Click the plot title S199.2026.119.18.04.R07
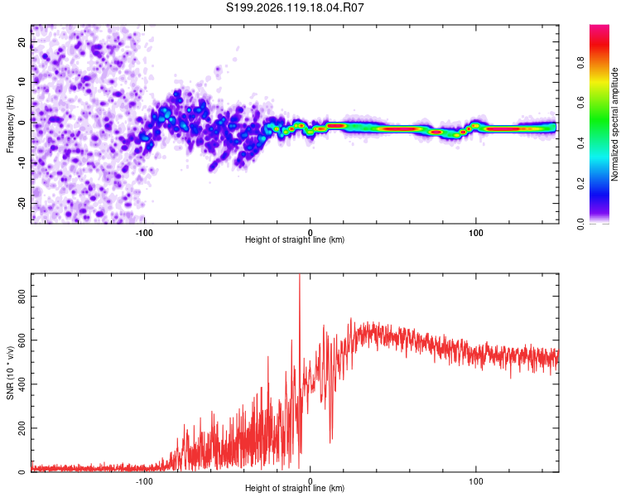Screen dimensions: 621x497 click(295, 7)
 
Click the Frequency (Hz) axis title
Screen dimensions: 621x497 click(10, 124)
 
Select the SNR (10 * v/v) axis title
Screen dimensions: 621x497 click(10, 373)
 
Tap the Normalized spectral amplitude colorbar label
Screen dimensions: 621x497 click(614, 124)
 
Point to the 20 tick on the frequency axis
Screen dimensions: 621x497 click(22, 41)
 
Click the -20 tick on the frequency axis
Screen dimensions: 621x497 click(22, 204)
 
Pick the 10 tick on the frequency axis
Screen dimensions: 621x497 click(22, 82)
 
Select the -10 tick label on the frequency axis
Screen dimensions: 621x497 click(22, 163)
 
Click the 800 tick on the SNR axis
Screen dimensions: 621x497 click(22, 296)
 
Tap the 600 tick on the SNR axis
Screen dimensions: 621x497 click(22, 340)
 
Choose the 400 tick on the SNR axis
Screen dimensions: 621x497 click(22, 384)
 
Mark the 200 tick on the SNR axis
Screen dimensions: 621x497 click(22, 428)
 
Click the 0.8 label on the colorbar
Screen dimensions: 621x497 click(580, 63)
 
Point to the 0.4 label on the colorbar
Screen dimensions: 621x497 click(580, 143)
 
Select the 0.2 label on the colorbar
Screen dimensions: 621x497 click(580, 184)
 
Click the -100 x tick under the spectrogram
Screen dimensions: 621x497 click(144, 233)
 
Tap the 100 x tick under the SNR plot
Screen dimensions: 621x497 click(475, 481)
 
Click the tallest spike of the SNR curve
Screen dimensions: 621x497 click(300, 274)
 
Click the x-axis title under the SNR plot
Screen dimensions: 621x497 click(295, 488)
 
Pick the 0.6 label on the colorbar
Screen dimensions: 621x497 click(580, 103)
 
